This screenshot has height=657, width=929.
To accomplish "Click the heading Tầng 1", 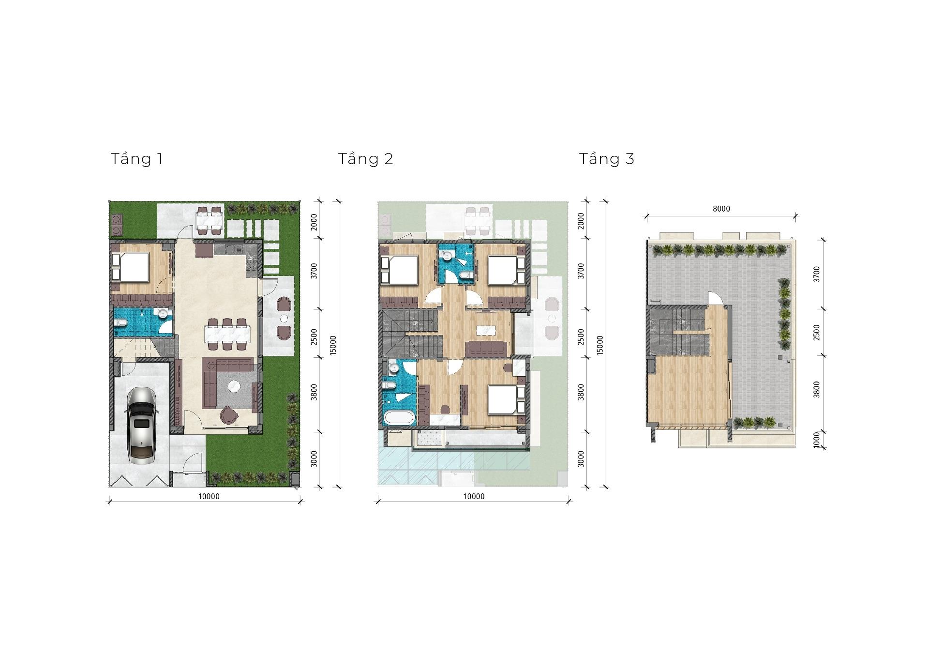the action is click(x=137, y=159).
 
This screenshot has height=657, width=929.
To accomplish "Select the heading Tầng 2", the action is click(x=365, y=159).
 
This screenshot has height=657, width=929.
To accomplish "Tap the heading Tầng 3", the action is click(x=607, y=159).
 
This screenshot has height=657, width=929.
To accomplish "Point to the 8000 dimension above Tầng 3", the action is click(x=721, y=209).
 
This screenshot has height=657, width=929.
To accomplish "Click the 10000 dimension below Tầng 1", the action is click(x=209, y=496).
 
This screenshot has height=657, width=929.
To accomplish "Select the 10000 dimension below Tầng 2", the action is click(x=474, y=496).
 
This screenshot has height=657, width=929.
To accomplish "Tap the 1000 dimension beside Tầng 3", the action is click(x=817, y=440).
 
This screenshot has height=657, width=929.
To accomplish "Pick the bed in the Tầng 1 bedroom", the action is click(x=131, y=268).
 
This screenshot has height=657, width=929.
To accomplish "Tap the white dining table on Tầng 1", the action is click(x=228, y=334).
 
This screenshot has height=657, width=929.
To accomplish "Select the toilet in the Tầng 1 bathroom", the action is click(x=120, y=322).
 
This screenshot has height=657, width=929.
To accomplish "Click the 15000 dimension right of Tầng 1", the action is click(x=333, y=345).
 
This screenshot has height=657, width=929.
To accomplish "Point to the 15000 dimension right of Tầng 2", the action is click(x=600, y=345).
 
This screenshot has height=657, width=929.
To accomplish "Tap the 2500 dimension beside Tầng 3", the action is click(x=817, y=332).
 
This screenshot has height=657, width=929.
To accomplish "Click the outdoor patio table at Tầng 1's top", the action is click(x=210, y=221).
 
